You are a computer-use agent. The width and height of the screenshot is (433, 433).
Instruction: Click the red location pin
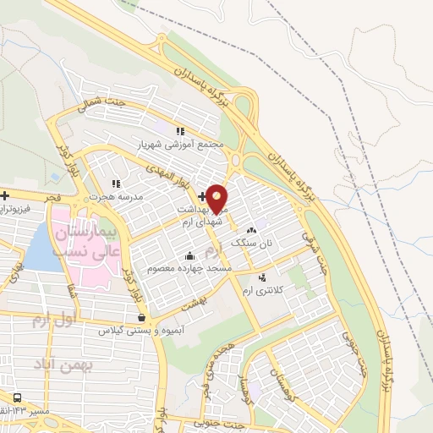pyautogui.click(x=217, y=198)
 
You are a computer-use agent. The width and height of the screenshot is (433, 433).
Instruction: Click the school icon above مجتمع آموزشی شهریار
pyautogui.click(x=179, y=131)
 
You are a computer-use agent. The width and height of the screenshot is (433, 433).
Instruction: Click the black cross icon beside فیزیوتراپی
pyautogui.click(x=5, y=195)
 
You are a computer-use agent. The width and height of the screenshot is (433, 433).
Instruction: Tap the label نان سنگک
pyautogui.click(x=250, y=243)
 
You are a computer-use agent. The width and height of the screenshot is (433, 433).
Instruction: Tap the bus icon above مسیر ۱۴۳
pyautogui.click(x=19, y=397)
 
